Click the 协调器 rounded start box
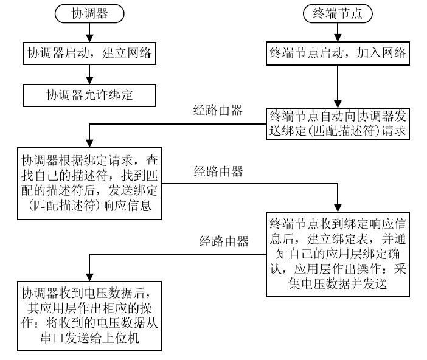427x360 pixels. [x=89, y=12]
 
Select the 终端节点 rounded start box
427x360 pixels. [x=338, y=12]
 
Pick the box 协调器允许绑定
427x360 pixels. [x=89, y=95]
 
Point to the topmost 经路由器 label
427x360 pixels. [x=218, y=110]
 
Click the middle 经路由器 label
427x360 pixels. [x=218, y=170]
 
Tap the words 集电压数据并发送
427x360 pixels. [x=338, y=282]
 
